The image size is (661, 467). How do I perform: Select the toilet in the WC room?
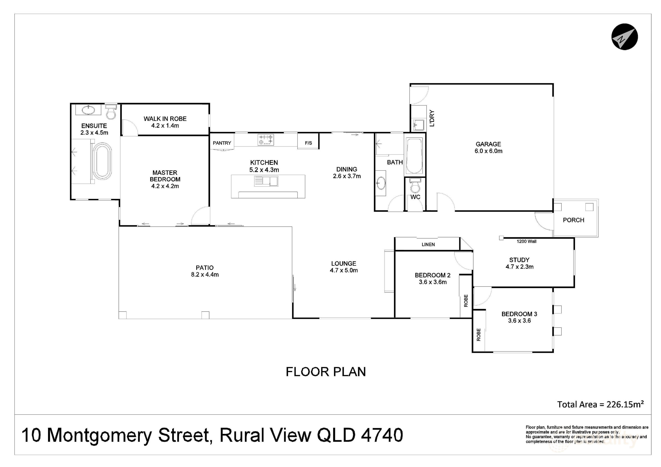(x=415, y=187)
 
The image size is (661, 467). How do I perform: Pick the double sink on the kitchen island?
(x=266, y=181)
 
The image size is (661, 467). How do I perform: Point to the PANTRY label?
(x=222, y=143)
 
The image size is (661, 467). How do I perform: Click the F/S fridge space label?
(x=308, y=143)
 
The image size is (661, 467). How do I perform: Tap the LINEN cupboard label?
(x=428, y=245)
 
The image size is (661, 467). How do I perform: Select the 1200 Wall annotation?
(x=526, y=241)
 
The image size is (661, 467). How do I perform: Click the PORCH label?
(x=573, y=220)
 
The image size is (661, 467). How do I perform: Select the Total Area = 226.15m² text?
(x=600, y=404)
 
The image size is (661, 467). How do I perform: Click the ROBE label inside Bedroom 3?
(x=478, y=335)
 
